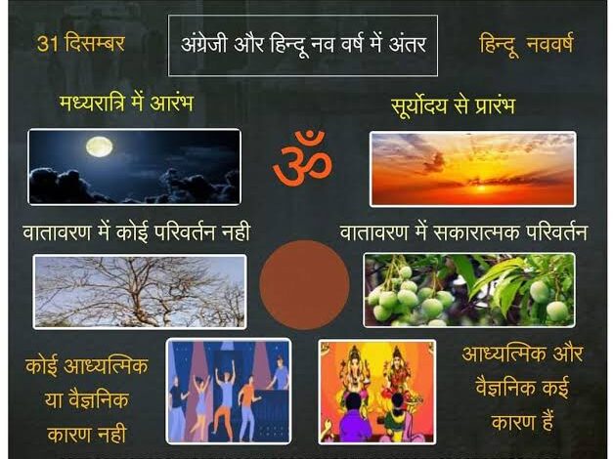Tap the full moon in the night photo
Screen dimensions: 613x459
click(x=100, y=146)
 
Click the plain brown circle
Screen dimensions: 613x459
click(x=304, y=285)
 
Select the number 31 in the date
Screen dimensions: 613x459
click(x=47, y=44)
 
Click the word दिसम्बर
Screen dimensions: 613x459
click(x=94, y=43)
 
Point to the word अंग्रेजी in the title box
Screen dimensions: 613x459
click(x=203, y=43)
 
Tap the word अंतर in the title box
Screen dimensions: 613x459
click(x=407, y=44)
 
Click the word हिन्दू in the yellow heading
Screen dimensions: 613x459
click(x=500, y=44)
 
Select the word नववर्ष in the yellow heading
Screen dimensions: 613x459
click(x=549, y=43)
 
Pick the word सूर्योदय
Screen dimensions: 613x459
click(x=418, y=105)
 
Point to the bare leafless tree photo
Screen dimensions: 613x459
click(x=140, y=291)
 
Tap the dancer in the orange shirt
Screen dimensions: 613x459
click(x=248, y=406)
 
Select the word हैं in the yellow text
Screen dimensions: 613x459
click(x=544, y=422)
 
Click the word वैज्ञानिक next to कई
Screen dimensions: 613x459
click(x=505, y=388)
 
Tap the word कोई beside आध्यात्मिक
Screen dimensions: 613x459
click(x=41, y=365)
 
